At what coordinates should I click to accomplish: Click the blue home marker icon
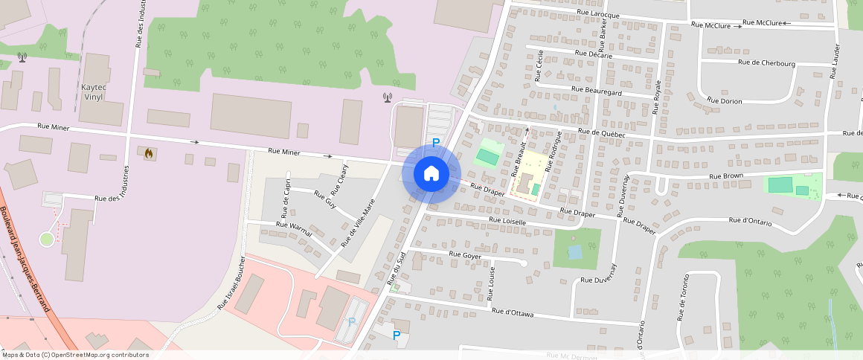pyautogui.click(x=431, y=173)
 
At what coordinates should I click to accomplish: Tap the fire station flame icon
pyautogui.click(x=149, y=154)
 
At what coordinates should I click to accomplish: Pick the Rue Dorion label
pyautogui.click(x=724, y=100)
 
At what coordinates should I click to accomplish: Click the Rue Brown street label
pyautogui.click(x=726, y=176)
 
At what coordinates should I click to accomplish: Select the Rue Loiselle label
pyautogui.click(x=507, y=221)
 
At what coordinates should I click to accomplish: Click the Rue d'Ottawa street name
pyautogui.click(x=513, y=313)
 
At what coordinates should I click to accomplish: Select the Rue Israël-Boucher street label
pyautogui.click(x=231, y=283)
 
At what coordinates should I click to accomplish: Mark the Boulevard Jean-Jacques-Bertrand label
pyautogui.click(x=25, y=260)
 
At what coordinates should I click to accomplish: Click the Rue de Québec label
pyautogui.click(x=601, y=132)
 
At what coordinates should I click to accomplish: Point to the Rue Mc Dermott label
pyautogui.click(x=572, y=356)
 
